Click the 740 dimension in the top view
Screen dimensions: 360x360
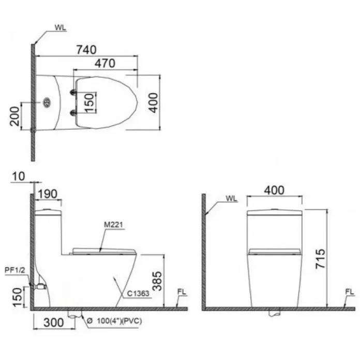click(x=86, y=50)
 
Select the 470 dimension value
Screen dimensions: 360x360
click(x=105, y=64)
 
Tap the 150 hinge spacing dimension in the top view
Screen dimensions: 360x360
click(x=89, y=102)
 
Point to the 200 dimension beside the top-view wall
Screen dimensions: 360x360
click(x=14, y=116)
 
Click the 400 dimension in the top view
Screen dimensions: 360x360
click(x=153, y=102)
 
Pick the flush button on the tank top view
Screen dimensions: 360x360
click(x=47, y=102)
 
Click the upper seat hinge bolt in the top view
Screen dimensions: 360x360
click(x=73, y=92)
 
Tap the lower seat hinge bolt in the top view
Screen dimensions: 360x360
click(x=73, y=113)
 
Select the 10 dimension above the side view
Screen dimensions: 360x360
click(x=18, y=176)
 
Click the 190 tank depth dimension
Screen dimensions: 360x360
click(x=47, y=194)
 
